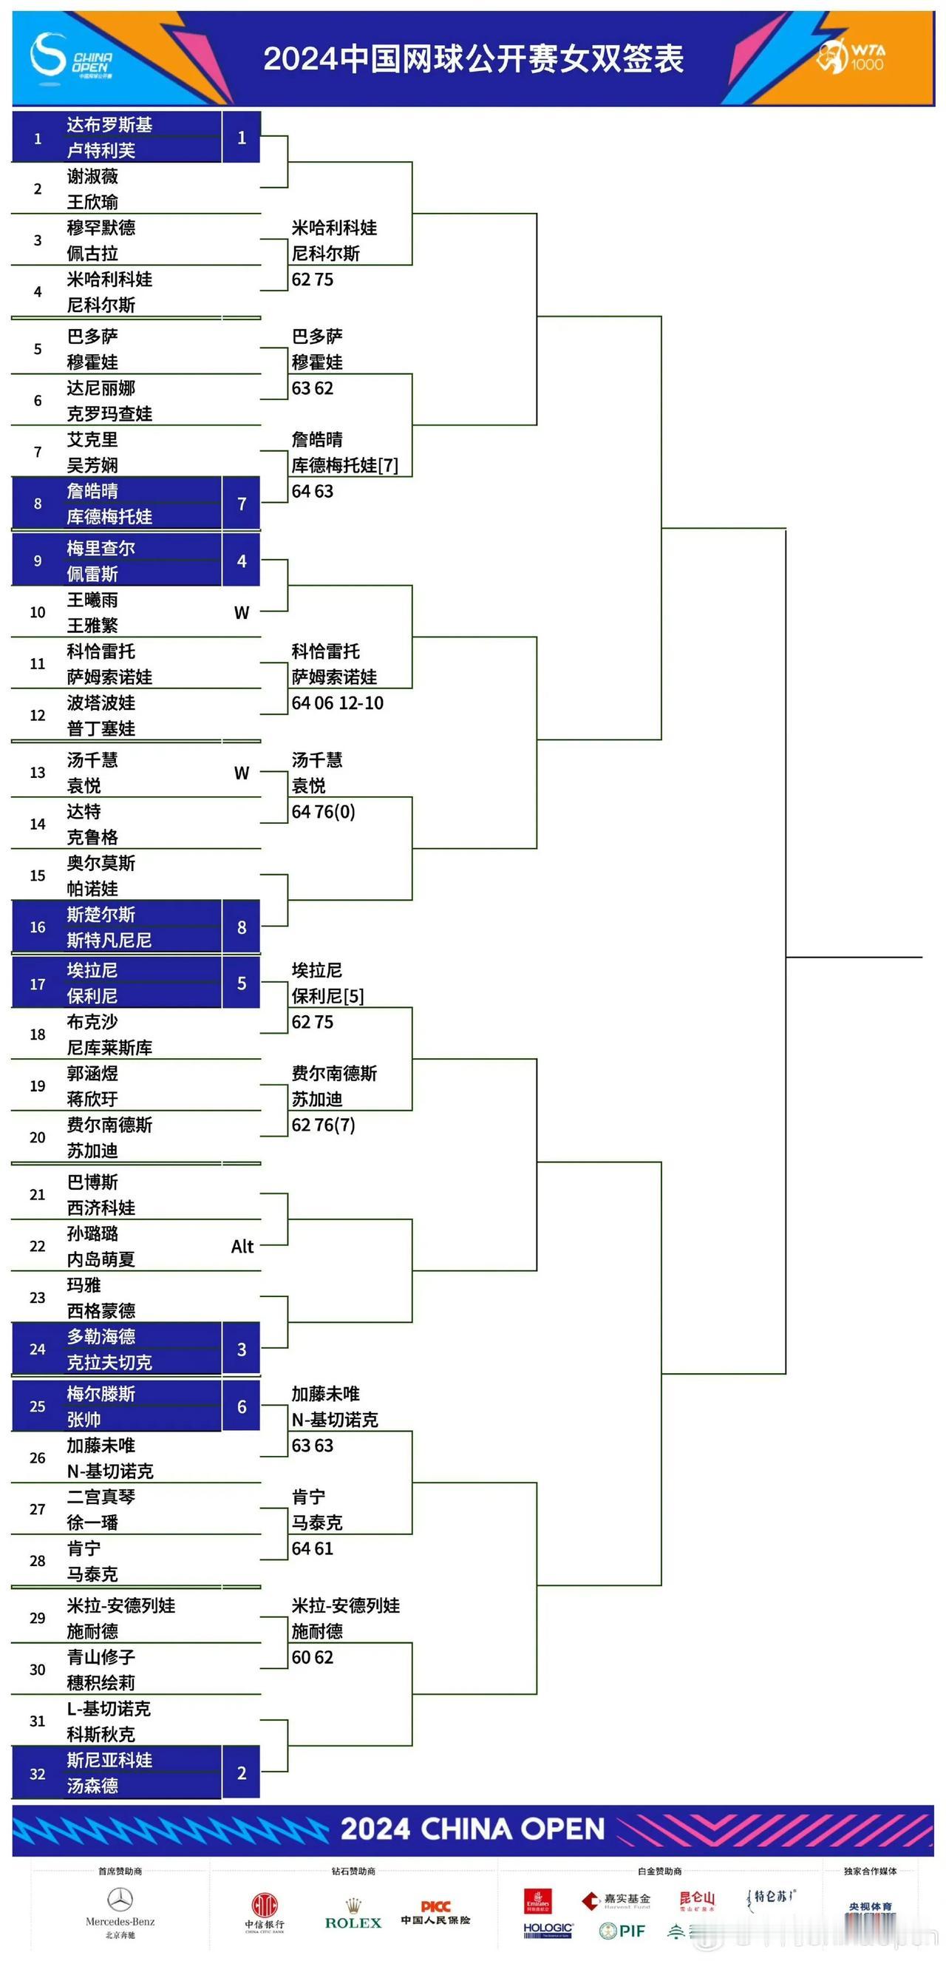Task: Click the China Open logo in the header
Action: coord(71,56)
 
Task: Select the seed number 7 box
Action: coord(241,504)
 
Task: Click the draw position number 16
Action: coord(37,927)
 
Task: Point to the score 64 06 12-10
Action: coord(337,703)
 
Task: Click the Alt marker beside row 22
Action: coord(242,1247)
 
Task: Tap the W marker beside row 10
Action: coord(241,613)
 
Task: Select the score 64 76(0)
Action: coord(324,812)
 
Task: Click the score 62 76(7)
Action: coord(324,1125)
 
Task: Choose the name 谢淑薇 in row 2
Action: coord(92,177)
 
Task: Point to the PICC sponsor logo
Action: coord(435,1911)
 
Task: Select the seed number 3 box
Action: coord(241,1349)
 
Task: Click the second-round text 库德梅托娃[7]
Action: coord(344,465)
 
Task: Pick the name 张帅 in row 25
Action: coord(84,1420)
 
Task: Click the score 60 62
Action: coord(312,1658)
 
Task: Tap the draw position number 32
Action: coord(37,1774)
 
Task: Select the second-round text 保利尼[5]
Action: coord(327,997)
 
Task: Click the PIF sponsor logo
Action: coord(622,1931)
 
